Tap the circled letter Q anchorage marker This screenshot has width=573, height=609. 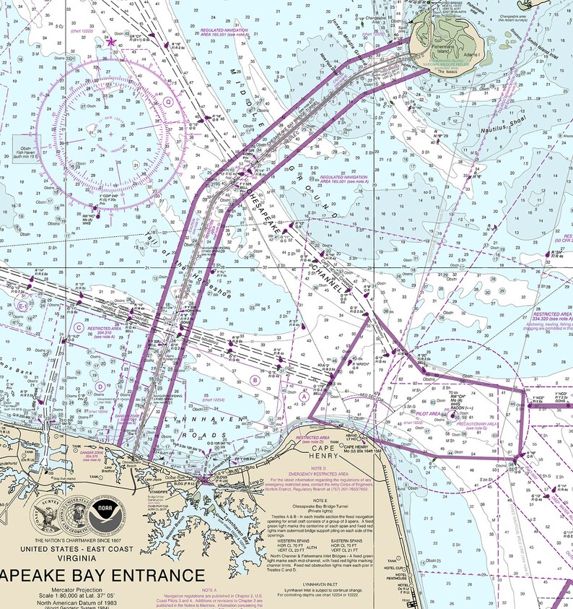point(167,102)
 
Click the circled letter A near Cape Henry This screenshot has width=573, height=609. point(305,396)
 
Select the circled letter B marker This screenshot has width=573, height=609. point(254,379)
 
